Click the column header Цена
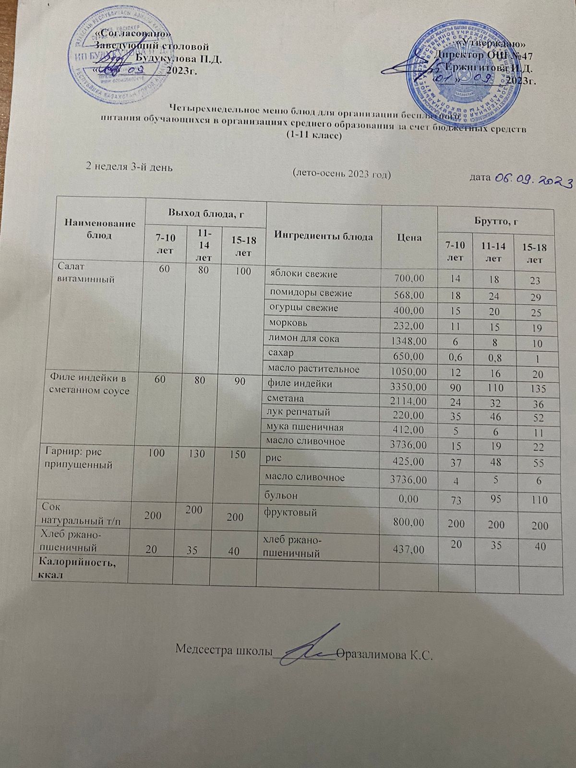click(x=409, y=237)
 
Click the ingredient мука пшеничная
click(x=304, y=427)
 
